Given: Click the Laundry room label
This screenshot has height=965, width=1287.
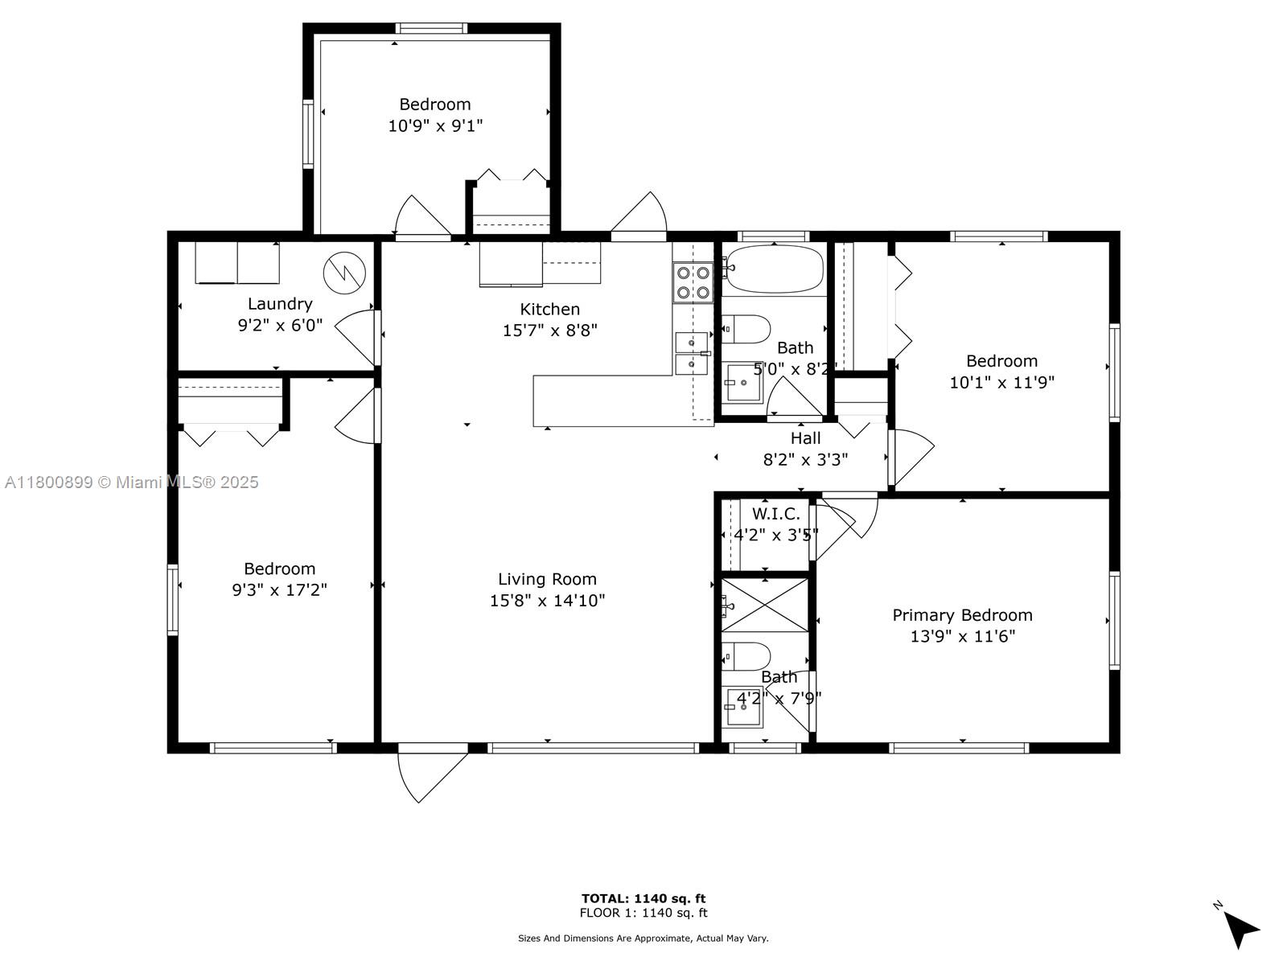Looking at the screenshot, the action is click(x=280, y=304).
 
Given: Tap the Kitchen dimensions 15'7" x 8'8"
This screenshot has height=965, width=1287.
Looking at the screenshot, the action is click(x=550, y=331).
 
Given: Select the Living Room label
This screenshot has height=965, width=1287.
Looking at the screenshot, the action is click(x=547, y=579).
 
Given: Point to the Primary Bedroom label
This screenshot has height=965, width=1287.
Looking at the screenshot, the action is click(x=962, y=615).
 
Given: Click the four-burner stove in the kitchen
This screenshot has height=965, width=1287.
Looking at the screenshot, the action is click(x=693, y=282).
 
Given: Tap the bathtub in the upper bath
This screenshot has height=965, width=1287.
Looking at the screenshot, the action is click(x=773, y=269).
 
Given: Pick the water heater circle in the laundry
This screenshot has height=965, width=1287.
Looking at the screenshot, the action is click(x=344, y=273).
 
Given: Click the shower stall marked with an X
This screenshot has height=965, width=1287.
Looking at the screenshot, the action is click(x=765, y=606).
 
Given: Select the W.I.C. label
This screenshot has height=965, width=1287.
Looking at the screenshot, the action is click(x=775, y=514).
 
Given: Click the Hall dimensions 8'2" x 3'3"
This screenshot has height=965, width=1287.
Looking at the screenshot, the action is click(x=805, y=459).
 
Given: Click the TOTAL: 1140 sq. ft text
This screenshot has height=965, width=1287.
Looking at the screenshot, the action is click(x=643, y=898).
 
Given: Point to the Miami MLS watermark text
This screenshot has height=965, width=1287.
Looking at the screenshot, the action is click(x=131, y=482).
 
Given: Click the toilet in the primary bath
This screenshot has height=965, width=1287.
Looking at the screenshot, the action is click(x=745, y=656).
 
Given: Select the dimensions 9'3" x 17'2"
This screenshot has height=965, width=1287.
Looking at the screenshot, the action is click(x=280, y=589).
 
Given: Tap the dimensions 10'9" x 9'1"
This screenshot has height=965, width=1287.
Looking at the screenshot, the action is click(x=435, y=125).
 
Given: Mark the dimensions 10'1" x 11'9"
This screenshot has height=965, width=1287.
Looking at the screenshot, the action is click(x=1001, y=382).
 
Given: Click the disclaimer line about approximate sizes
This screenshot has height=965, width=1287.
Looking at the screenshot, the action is click(x=643, y=938).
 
